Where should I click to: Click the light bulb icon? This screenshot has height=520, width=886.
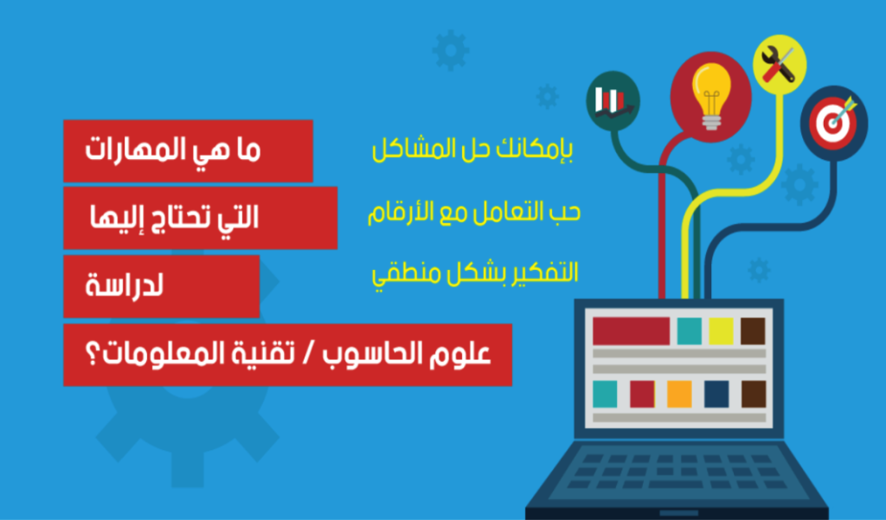(x=711, y=96)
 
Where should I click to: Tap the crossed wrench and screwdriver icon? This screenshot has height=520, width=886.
(x=778, y=64)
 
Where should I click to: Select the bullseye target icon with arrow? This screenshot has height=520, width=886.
(x=834, y=122)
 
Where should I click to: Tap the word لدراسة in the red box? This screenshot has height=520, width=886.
(x=125, y=286)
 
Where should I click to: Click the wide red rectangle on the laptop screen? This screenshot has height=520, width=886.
(x=631, y=331)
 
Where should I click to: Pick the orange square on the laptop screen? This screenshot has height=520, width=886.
(x=679, y=394)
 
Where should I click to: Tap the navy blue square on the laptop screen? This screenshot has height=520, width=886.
(x=716, y=394)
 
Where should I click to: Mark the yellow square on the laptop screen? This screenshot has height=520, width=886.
(x=721, y=331)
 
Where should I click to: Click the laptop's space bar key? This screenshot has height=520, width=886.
(x=676, y=485)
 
